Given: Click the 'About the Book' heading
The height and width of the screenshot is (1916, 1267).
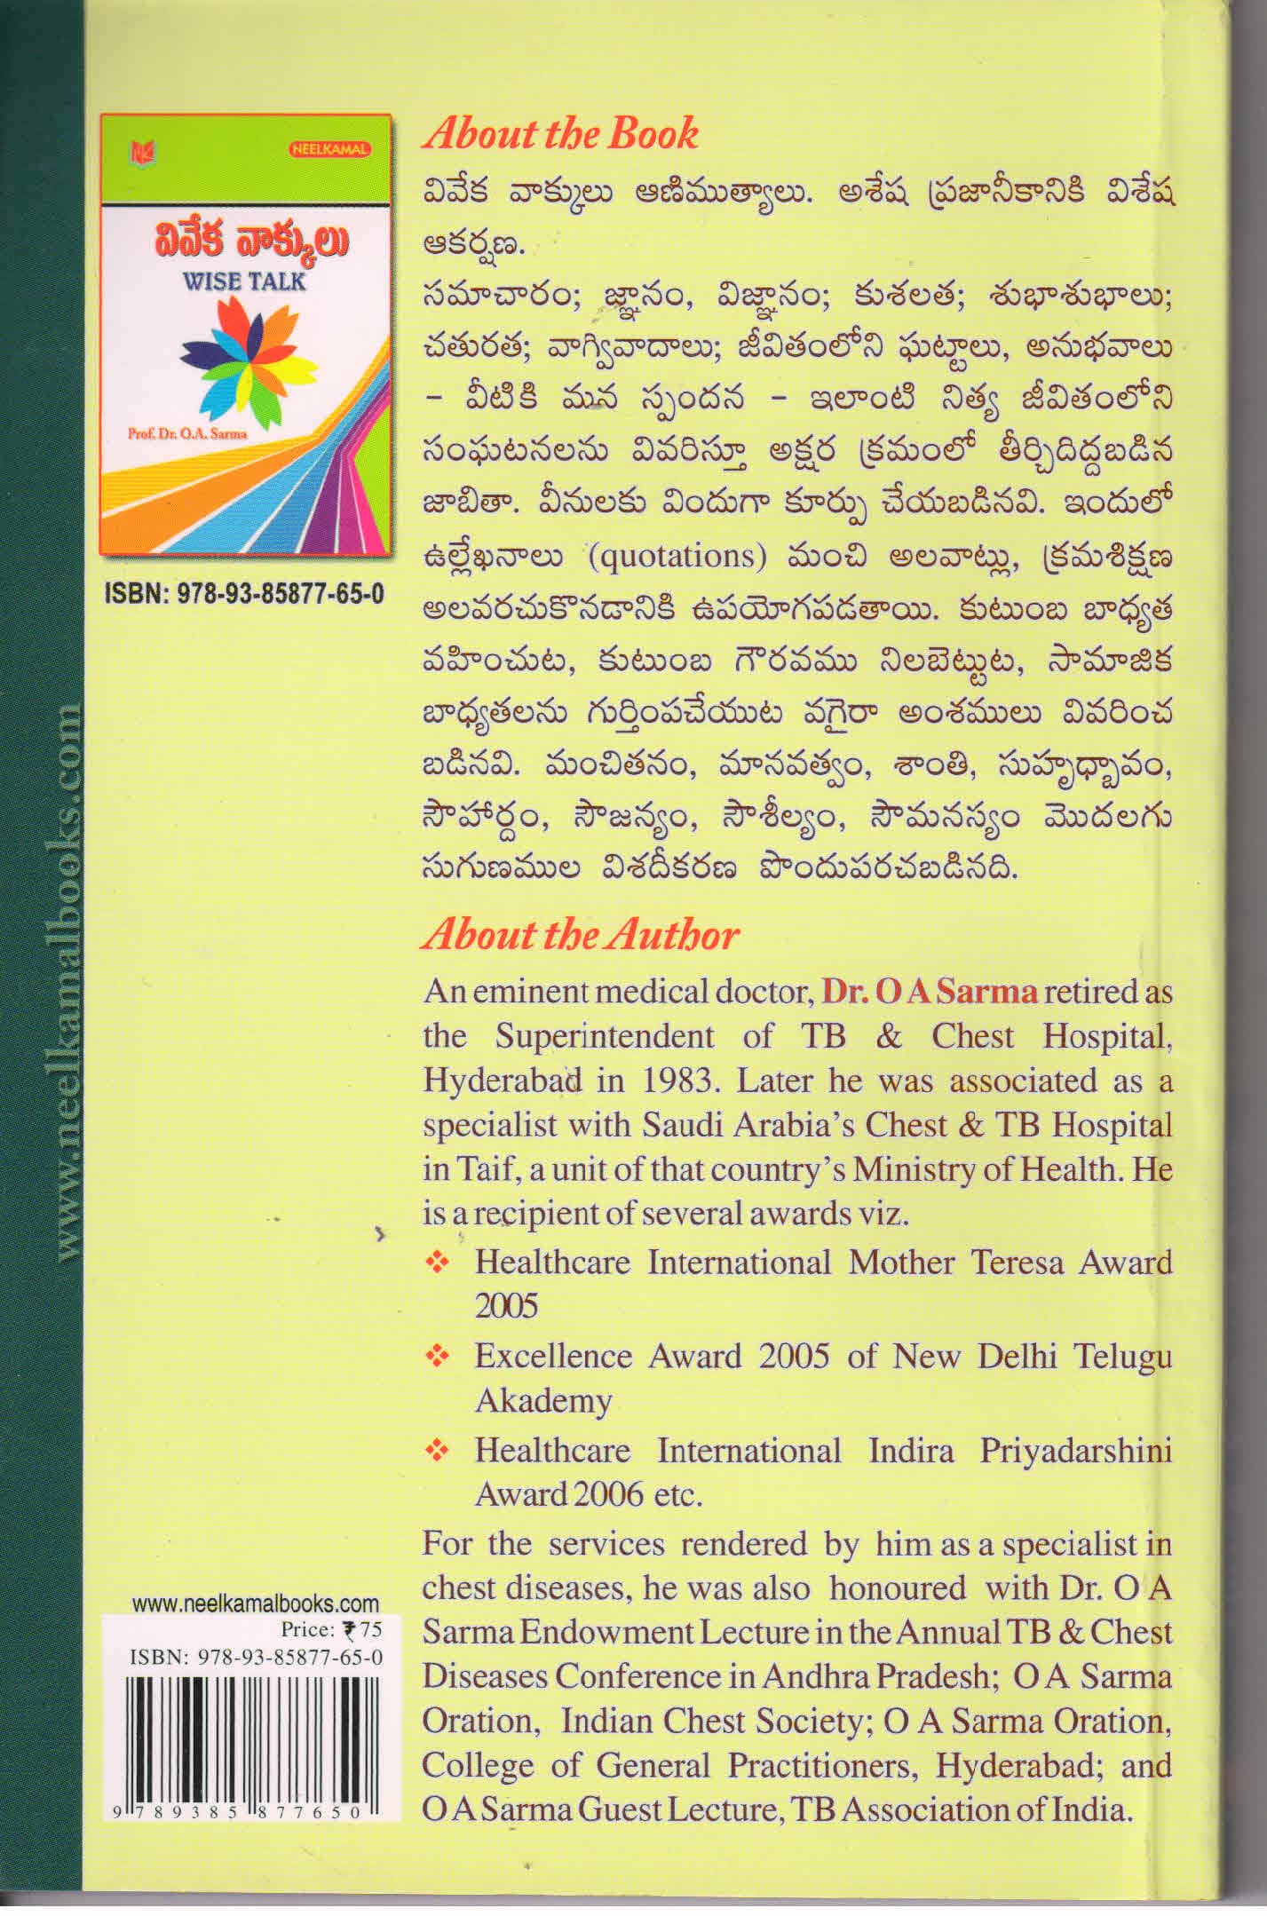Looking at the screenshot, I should tap(560, 134).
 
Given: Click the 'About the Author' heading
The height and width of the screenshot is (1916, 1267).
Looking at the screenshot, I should tap(580, 935).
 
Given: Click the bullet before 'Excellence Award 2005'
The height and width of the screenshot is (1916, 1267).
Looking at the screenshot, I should tap(436, 1357).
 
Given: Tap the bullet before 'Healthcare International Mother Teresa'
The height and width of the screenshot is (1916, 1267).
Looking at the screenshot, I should tap(436, 1263).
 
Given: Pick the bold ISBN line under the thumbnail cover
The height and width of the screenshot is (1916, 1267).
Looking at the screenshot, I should tap(244, 594).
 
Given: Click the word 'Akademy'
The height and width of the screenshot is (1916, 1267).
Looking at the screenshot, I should tap(543, 1401).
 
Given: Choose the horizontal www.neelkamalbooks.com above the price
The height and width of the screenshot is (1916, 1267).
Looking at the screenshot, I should tap(255, 1604).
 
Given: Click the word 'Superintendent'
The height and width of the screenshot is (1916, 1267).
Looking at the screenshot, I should tap(604, 1036).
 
